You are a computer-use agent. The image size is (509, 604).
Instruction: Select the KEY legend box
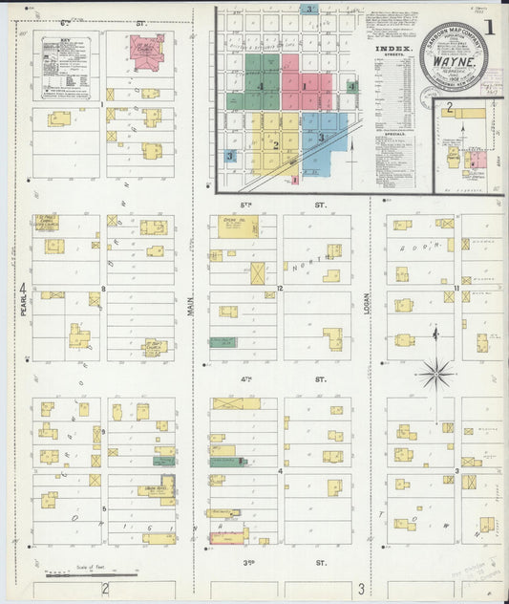click(65, 64)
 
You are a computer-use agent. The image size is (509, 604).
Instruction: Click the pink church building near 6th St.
click(147, 51)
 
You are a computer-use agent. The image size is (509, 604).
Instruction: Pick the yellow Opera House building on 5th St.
click(234, 226)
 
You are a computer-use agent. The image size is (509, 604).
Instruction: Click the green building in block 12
click(223, 341)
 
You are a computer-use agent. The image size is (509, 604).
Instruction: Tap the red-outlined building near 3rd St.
click(229, 537)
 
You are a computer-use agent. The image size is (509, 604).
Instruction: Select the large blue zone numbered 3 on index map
click(320, 137)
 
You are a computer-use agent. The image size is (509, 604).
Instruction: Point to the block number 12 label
click(281, 288)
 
